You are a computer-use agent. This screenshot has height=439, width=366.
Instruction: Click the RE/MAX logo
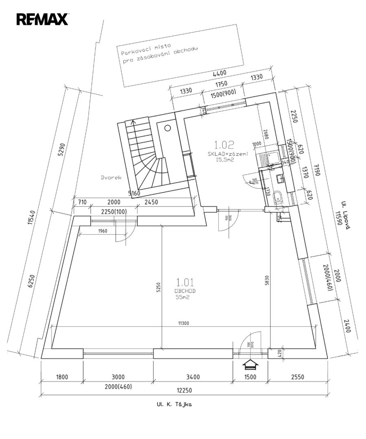click(x=42, y=19)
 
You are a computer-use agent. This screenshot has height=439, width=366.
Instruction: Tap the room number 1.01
click(x=185, y=282)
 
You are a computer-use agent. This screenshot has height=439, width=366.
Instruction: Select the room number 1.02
click(x=224, y=144)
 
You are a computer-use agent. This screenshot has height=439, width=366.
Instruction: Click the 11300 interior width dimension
click(x=185, y=324)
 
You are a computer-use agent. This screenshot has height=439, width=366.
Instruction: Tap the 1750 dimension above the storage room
click(x=221, y=85)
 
